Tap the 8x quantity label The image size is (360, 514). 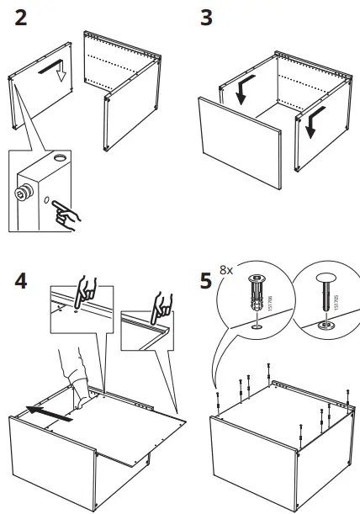225,271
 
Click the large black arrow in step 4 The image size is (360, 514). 45,411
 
